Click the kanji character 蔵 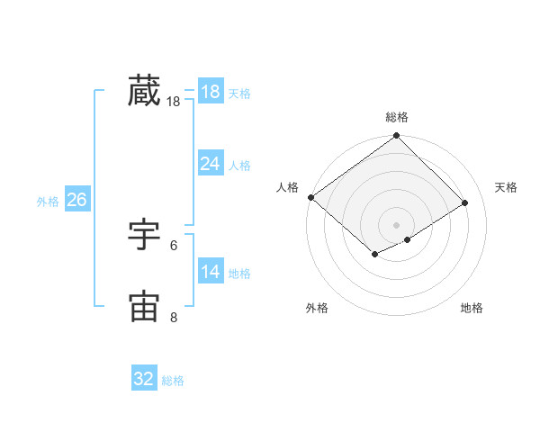point(144,92)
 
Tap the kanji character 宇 point(144,236)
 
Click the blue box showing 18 point(211,92)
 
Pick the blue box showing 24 point(211,164)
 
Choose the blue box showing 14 point(211,272)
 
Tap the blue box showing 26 point(76,200)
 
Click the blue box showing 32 point(144,379)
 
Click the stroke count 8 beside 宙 point(174,317)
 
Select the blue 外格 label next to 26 point(48,202)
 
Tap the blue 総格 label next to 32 point(174,381)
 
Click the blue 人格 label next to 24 point(239,166)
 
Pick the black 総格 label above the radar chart point(397,117)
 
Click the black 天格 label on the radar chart point(506,187)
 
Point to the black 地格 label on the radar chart point(472,308)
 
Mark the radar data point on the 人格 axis point(310,197)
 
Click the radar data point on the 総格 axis point(397,136)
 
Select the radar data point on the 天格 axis point(465,202)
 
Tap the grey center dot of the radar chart point(396,224)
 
